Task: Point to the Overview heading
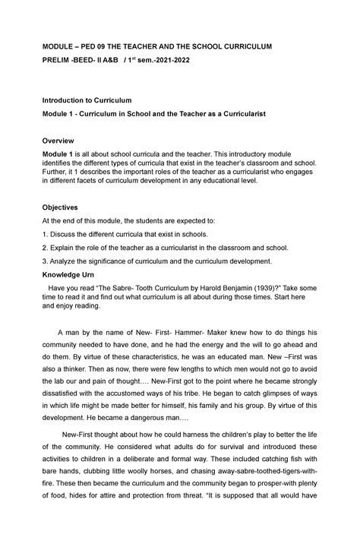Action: tap(58, 141)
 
